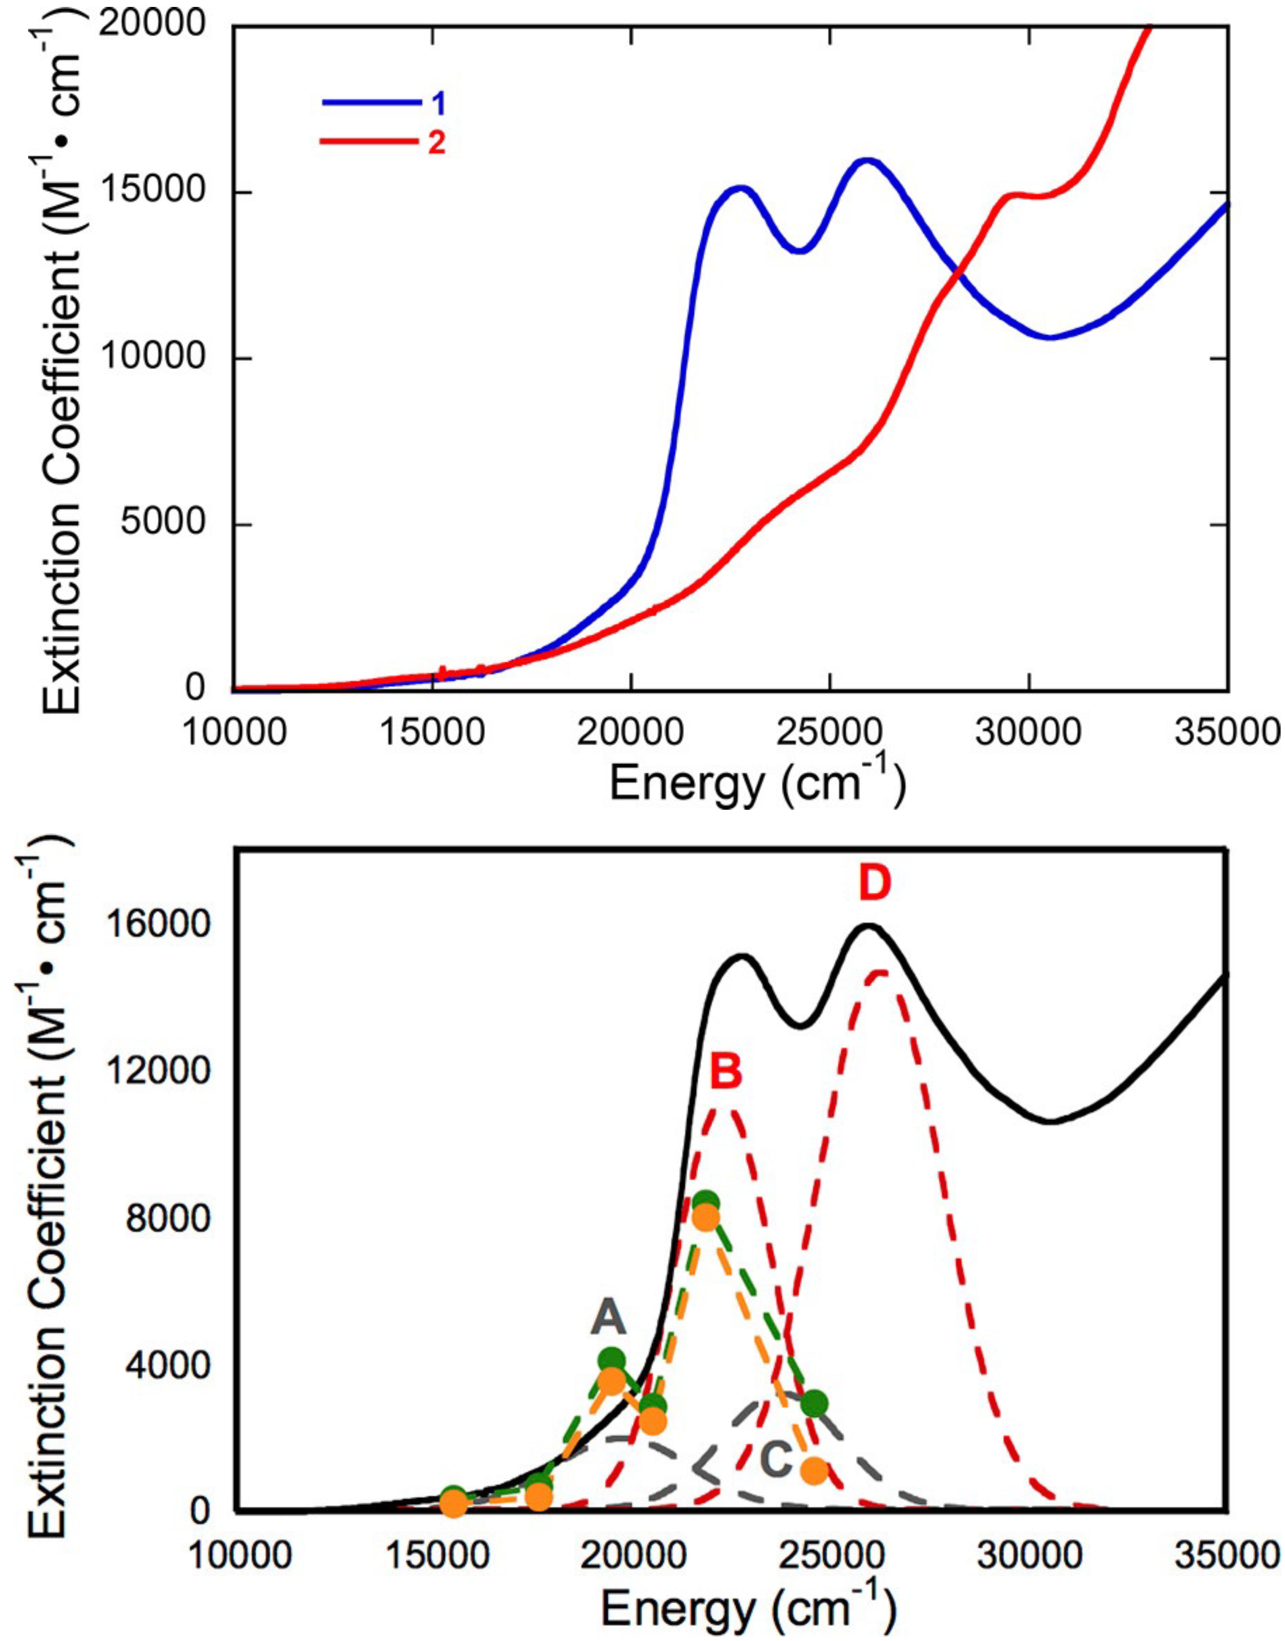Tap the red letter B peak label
pos(726,1072)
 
